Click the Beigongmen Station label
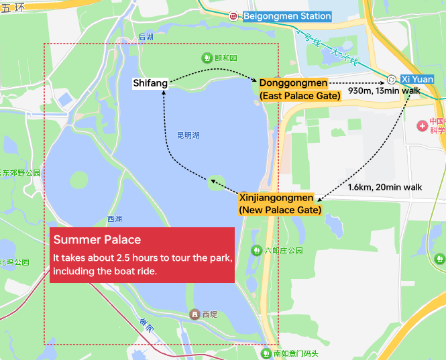point(287,16)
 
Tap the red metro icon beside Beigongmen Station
point(233,16)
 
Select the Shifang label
point(150,83)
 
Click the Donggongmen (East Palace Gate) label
point(300,89)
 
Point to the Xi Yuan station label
point(414,78)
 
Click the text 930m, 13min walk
point(384,91)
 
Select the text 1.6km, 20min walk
point(385,187)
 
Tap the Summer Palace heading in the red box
point(97,239)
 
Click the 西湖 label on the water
point(115,219)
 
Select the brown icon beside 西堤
point(194,314)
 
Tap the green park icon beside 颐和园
point(207,58)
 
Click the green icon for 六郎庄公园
point(256,250)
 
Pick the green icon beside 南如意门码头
point(266,353)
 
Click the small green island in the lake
point(216,180)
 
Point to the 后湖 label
point(145,37)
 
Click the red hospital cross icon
point(423,125)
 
